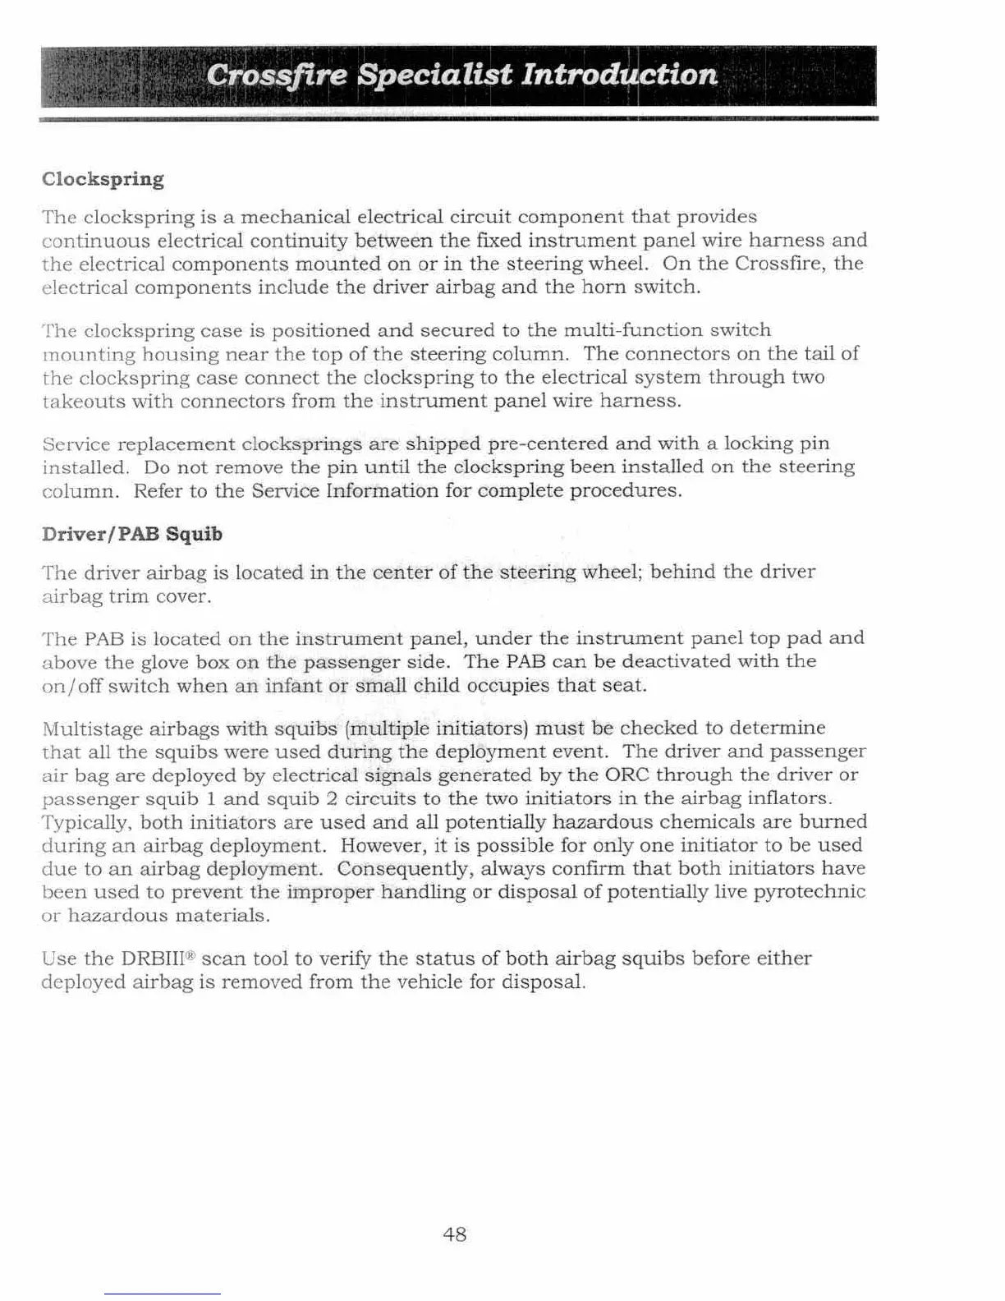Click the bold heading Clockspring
coord(103,179)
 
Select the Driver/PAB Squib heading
coord(131,534)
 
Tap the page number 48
coord(454,1234)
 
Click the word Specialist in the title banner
coord(435,76)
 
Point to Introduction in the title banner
coord(620,76)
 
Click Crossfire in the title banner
coord(277,76)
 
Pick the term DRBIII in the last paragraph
coord(156,959)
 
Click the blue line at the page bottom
coord(162,1294)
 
